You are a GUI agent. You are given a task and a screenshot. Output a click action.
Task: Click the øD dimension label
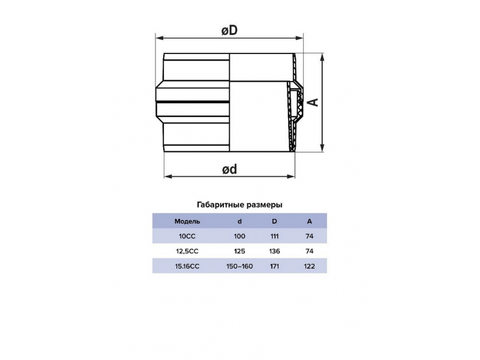(x=230, y=31)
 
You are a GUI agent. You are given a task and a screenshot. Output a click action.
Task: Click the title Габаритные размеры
(x=239, y=205)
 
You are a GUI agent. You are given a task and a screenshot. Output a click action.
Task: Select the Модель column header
(x=187, y=221)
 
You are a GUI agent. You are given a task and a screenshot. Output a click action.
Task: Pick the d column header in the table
(x=239, y=221)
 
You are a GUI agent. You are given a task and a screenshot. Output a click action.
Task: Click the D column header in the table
(x=274, y=221)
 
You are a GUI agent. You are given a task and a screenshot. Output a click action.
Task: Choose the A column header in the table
(x=310, y=221)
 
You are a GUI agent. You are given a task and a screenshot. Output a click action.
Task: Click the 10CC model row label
(x=187, y=236)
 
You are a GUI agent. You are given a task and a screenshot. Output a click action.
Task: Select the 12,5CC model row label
(x=187, y=251)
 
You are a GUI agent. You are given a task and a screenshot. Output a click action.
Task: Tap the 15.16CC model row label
(x=187, y=266)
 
